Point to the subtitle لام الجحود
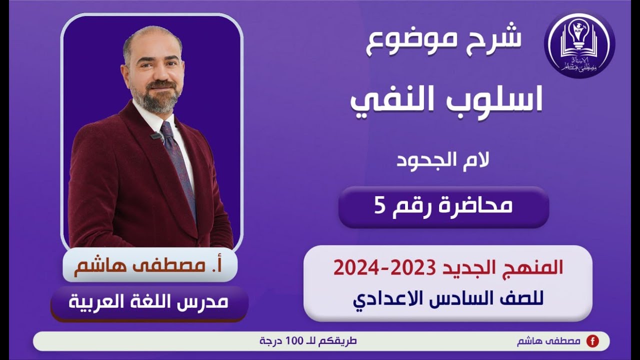[x=443, y=160]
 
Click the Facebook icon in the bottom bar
[x=592, y=341]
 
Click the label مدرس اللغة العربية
[x=148, y=302]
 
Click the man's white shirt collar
[x=150, y=117]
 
